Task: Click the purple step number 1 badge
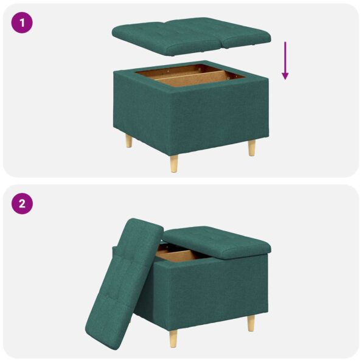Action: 22,23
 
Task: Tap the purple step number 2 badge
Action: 22,203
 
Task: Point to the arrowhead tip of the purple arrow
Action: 285,79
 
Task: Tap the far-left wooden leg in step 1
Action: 128,142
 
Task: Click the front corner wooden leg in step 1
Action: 174,162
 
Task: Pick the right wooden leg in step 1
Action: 251,148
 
